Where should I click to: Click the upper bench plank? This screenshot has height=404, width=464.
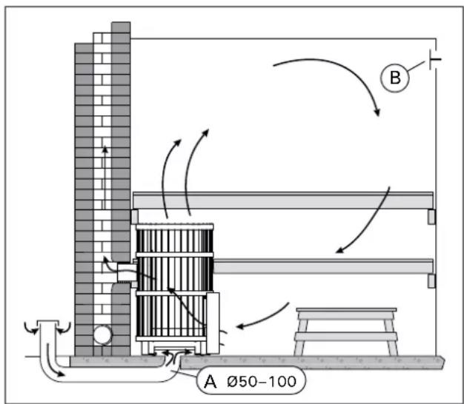[x=282, y=201]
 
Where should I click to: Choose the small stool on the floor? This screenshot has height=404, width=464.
[x=345, y=329]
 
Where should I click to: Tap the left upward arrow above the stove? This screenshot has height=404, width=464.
[x=168, y=178]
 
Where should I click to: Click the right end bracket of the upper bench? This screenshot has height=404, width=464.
[x=431, y=216]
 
